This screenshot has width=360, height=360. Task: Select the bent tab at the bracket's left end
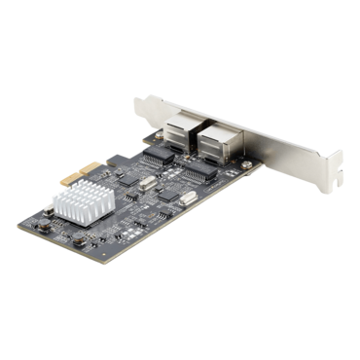[x=136, y=97]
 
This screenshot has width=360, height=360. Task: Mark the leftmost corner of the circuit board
[x=17, y=227]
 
